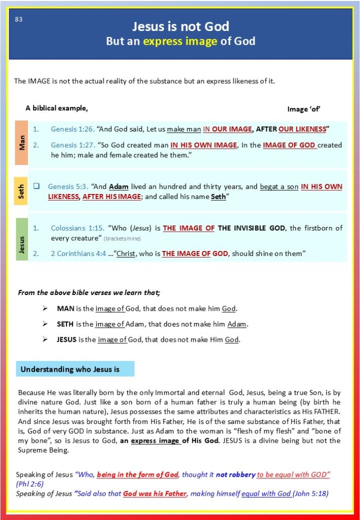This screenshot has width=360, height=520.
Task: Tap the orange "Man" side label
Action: point(22,143)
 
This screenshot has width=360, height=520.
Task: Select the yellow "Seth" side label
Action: point(22,191)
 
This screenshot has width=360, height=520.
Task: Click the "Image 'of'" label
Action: point(304,109)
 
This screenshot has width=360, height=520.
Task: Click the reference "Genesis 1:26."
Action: point(72,129)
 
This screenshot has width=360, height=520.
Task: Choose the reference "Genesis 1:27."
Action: point(72,145)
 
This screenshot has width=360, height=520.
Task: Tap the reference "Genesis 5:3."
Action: point(68,186)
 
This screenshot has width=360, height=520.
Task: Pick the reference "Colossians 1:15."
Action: point(75,228)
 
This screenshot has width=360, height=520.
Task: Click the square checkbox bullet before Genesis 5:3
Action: point(37,186)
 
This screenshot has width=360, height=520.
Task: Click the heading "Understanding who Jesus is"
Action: point(70,369)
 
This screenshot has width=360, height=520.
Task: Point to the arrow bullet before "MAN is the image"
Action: point(46,309)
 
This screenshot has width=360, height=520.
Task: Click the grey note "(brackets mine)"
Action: point(122,239)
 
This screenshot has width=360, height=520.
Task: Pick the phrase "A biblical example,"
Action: point(56,108)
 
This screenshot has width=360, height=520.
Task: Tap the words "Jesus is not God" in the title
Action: point(180,26)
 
